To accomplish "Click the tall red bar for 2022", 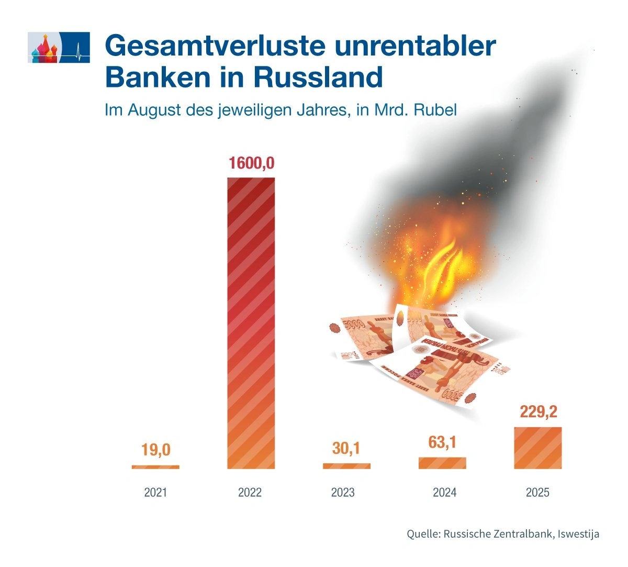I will [251, 323].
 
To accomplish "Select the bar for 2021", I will [155, 466].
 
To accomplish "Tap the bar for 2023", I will [346, 466].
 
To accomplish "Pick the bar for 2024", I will [442, 463].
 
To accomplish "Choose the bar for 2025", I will [537, 448].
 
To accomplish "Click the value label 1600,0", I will [251, 163].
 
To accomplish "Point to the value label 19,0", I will [156, 449].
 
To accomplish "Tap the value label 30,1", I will [346, 448].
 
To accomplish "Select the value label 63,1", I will [442, 442].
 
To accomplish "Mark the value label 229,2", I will [538, 412].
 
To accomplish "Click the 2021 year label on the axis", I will [155, 493].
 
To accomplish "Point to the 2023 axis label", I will [343, 493].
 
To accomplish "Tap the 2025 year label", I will [537, 493].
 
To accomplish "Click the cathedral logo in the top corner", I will [59, 48].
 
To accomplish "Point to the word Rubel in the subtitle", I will [437, 110].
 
